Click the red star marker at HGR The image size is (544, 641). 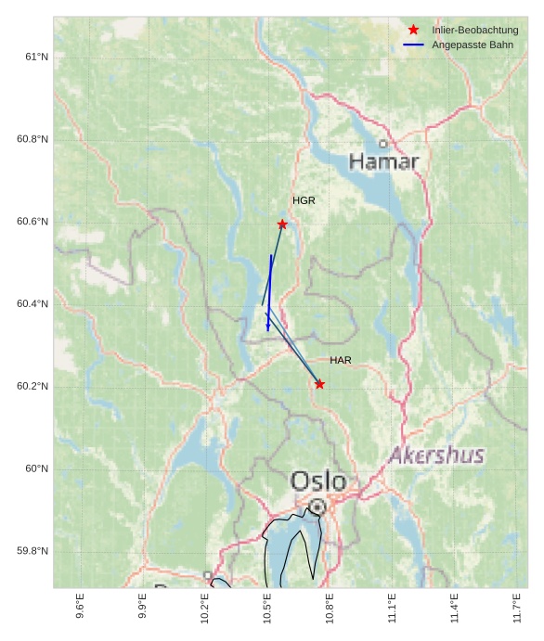point(282,224)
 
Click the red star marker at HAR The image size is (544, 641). point(319,384)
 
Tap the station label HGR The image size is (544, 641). point(304,200)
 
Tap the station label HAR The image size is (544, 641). point(341,360)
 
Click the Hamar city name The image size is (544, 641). point(383,162)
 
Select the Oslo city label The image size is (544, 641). point(318,481)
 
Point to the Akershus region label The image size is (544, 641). point(436,455)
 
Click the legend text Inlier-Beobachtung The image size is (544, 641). point(474,30)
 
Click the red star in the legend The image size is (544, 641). point(414,30)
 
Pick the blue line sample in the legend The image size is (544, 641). point(414,45)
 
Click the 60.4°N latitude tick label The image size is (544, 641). point(32,303)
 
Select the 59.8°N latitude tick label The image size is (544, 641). point(32,551)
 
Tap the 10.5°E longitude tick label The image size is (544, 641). point(267,608)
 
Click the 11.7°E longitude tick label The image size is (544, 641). point(517,608)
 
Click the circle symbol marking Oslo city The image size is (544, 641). point(317,506)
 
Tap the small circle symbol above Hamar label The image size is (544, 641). point(382,144)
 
